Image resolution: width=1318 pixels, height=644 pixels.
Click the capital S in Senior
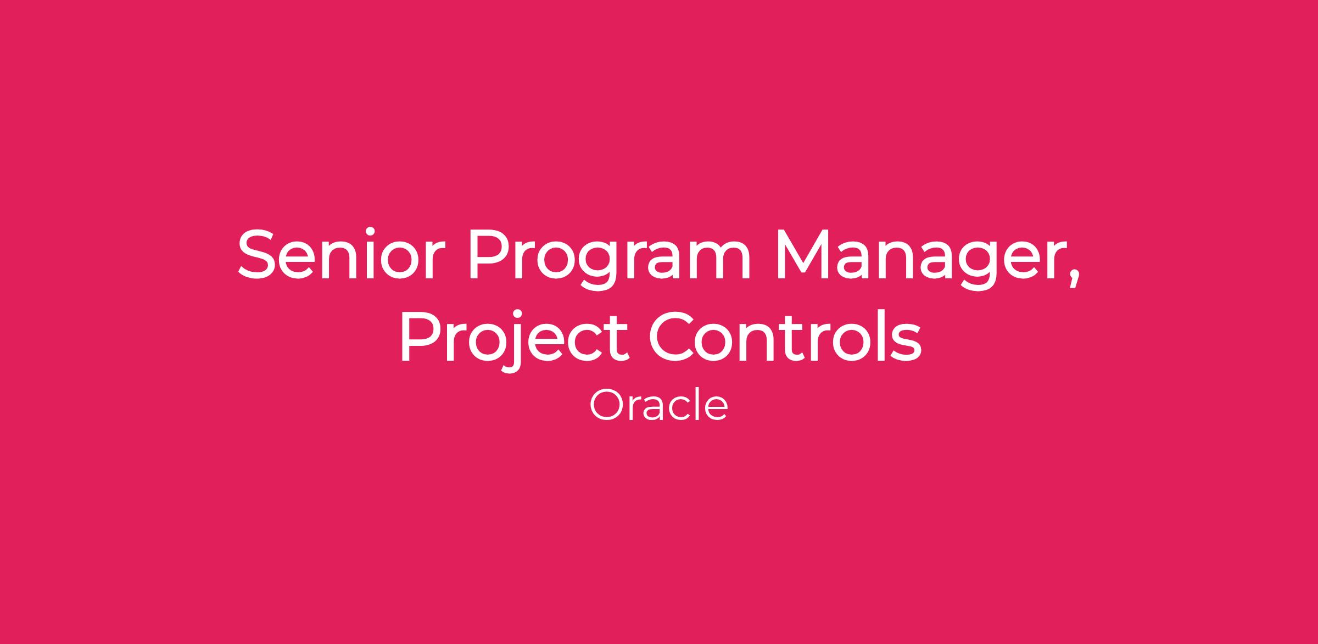pyautogui.click(x=257, y=254)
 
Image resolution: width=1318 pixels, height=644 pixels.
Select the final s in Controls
pyautogui.click(x=907, y=343)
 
